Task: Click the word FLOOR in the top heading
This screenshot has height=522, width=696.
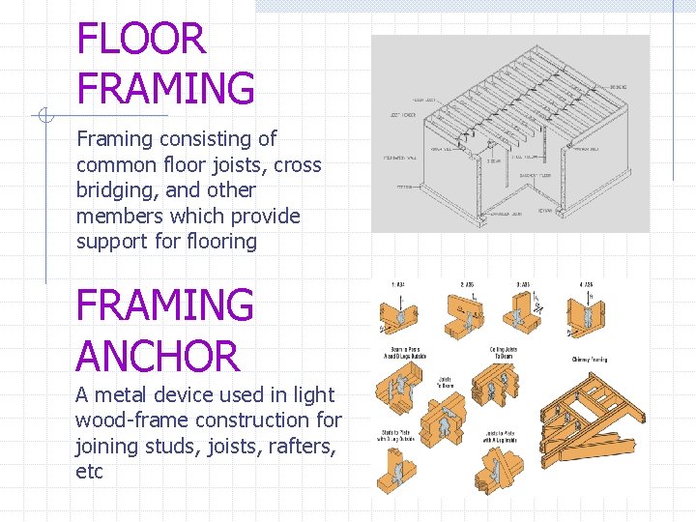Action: (x=141, y=40)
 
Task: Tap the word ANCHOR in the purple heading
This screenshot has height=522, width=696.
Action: (x=158, y=357)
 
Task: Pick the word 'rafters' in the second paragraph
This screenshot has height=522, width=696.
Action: (x=296, y=447)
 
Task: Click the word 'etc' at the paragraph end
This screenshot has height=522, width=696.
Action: (x=89, y=473)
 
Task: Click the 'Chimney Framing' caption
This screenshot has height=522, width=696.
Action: (x=589, y=360)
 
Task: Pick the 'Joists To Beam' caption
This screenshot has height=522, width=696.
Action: (x=448, y=382)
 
